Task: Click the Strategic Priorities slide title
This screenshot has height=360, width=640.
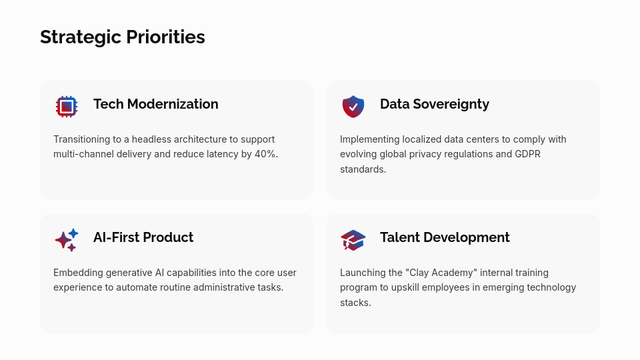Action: [x=123, y=37]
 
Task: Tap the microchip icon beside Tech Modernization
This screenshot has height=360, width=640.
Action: [x=67, y=107]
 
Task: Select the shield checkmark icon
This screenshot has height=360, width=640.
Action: [x=353, y=107]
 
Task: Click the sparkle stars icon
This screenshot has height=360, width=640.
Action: [x=67, y=240]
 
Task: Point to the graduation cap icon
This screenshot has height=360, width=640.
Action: [x=353, y=240]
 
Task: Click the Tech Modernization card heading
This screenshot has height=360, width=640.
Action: [x=155, y=104]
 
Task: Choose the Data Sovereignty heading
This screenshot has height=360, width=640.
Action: [x=434, y=104]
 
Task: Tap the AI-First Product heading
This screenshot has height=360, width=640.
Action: [x=143, y=237]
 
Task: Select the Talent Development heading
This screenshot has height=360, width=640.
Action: [x=445, y=237]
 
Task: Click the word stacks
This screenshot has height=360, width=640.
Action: [x=355, y=303]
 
